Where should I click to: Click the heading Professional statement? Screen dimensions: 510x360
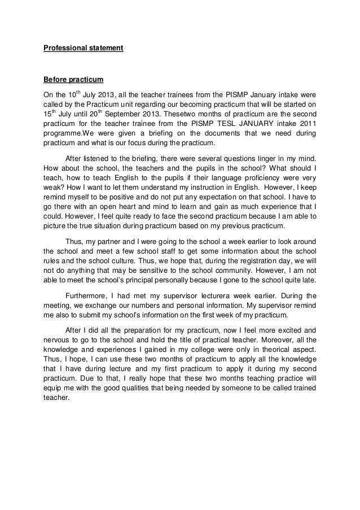84,48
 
